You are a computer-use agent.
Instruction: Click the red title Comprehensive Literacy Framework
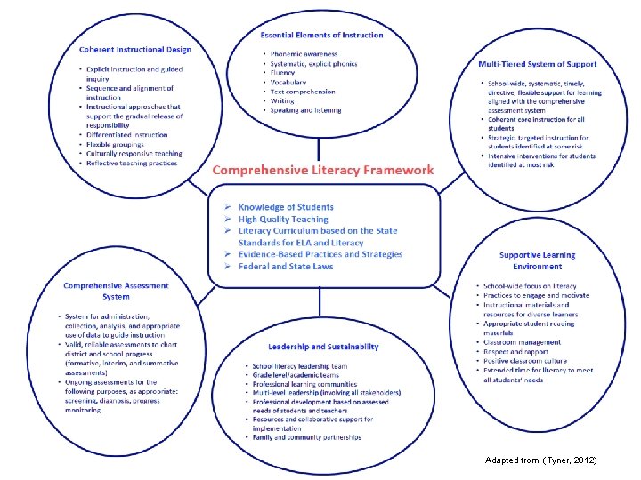(x=322, y=170)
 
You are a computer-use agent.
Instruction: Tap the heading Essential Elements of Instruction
(x=321, y=36)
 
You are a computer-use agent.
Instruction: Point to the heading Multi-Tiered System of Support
(x=537, y=64)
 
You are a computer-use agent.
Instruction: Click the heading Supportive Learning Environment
(x=537, y=260)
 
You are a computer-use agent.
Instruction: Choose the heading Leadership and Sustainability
(x=323, y=347)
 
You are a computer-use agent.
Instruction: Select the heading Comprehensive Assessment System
(x=116, y=291)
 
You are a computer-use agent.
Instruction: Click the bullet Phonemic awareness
(x=305, y=54)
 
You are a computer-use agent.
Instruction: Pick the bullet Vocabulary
(x=288, y=82)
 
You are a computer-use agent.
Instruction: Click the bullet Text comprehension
(x=303, y=92)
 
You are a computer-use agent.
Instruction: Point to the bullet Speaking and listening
(x=305, y=110)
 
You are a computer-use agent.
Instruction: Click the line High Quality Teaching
(x=283, y=220)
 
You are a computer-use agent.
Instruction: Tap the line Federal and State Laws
(x=285, y=267)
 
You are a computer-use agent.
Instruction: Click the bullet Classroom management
(x=522, y=342)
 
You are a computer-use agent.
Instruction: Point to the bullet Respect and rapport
(x=516, y=352)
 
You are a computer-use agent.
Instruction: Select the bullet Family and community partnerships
(x=306, y=437)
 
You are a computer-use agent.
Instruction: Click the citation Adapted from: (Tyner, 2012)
(x=541, y=460)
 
